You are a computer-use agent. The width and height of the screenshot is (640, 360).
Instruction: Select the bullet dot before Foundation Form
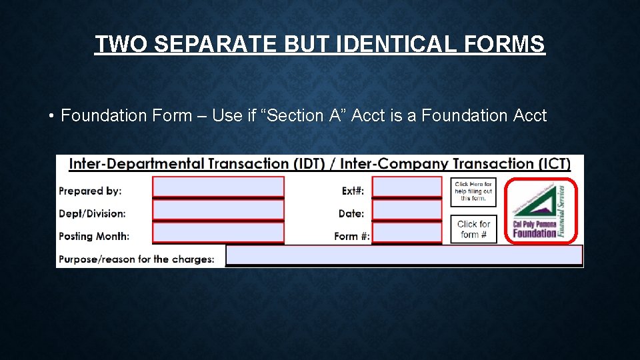51,117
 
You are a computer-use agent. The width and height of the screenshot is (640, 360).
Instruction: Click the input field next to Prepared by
218,187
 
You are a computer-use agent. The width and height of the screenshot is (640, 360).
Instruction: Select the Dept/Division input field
218,211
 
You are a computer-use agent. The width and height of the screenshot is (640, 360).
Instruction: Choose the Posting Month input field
218,233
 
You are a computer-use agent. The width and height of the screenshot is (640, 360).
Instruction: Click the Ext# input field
407,187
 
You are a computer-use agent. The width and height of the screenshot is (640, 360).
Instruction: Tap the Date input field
407,211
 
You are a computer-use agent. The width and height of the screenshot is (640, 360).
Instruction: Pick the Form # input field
407,233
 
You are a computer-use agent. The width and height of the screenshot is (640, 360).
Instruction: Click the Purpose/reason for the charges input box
404,255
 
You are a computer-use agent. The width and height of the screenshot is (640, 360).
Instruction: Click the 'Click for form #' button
473,229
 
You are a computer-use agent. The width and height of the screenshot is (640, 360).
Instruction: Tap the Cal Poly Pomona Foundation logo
541,211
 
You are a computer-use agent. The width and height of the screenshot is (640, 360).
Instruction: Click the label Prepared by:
90,191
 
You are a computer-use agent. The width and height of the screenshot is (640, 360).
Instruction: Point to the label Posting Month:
94,236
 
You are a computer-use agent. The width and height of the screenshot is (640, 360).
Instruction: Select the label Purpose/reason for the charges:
137,259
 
